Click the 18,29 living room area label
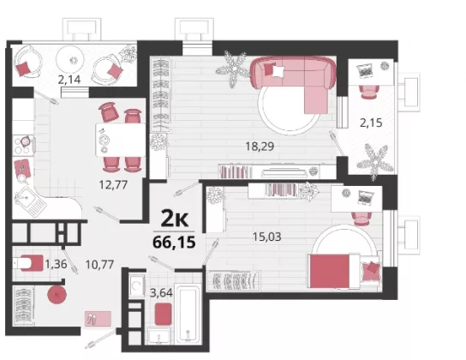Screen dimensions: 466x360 [x=260, y=147]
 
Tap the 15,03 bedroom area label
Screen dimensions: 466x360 [x=266, y=237]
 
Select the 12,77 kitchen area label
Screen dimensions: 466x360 [x=113, y=185]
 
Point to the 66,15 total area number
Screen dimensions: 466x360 [x=174, y=242]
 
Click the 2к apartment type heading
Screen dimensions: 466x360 [x=175, y=219]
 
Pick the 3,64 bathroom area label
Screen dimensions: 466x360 [x=161, y=293]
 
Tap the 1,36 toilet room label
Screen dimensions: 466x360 [x=56, y=263]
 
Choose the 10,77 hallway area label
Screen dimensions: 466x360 [x=99, y=264]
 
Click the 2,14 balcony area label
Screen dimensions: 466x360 [x=69, y=80]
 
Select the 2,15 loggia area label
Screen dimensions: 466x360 [x=371, y=123]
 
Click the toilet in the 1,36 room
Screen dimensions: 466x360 [x=28, y=263]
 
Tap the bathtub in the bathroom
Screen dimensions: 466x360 [x=188, y=314]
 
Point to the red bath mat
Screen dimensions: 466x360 [x=163, y=314]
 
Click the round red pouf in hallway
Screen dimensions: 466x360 [x=57, y=295]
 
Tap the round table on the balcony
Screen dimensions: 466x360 [x=72, y=60]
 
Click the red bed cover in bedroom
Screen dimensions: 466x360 [x=329, y=271]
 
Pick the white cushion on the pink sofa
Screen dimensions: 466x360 [x=278, y=71]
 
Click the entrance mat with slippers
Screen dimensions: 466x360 [x=98, y=319]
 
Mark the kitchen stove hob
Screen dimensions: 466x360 [x=24, y=145]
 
